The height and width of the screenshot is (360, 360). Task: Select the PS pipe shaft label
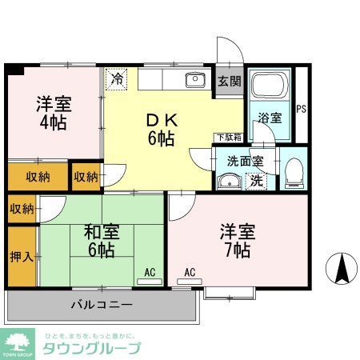coord(302,110)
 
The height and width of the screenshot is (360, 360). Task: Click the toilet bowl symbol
coord(294,172)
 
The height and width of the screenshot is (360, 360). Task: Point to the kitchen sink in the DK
coord(194,79)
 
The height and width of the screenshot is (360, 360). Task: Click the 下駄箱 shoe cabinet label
coord(225,137)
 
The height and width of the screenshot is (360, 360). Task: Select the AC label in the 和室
coord(150,273)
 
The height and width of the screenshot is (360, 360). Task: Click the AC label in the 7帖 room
coord(190,273)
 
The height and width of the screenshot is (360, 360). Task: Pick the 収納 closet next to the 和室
coord(22,209)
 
